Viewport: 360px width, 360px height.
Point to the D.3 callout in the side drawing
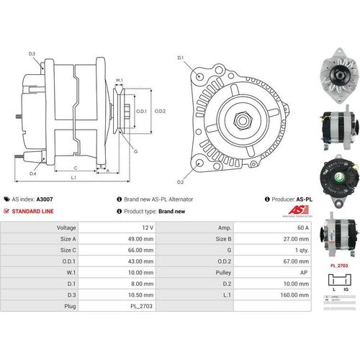(32, 53)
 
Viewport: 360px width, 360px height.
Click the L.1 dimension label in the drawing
(74, 176)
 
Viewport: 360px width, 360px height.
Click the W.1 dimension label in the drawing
(120, 81)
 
